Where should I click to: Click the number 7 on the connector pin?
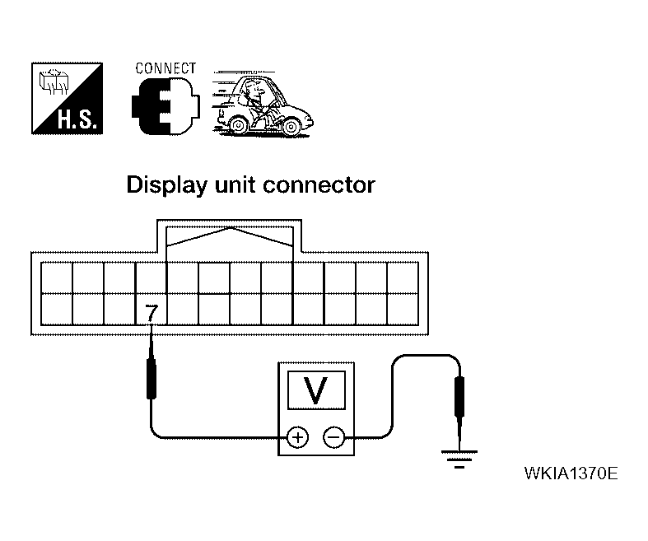151,313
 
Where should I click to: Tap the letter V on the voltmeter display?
315,389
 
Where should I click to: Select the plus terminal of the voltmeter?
297,436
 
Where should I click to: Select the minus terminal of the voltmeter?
333,436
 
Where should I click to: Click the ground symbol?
458,457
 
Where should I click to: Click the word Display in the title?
163,185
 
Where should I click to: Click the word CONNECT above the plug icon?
165,68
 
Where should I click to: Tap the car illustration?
263,103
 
